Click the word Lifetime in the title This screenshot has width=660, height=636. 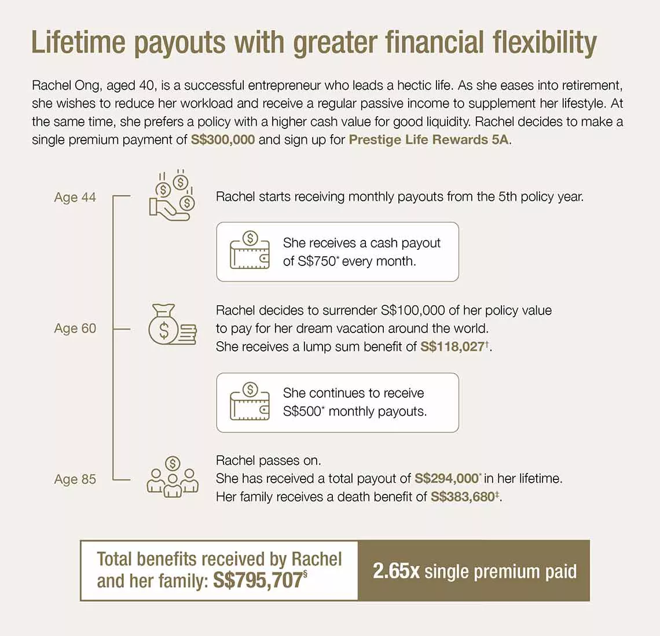tap(78, 42)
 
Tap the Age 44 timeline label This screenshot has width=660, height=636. tap(75, 197)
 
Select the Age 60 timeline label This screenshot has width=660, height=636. tap(75, 328)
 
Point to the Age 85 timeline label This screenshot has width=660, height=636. tap(75, 479)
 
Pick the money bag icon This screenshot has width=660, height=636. tap(171, 325)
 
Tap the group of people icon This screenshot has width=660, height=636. tap(172, 478)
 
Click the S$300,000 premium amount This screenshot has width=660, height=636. tap(223, 140)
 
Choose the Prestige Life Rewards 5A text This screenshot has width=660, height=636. tap(429, 140)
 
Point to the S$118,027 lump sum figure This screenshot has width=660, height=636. tap(452, 347)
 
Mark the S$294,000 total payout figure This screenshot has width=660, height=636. tap(446, 479)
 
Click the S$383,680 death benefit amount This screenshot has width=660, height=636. tap(463, 497)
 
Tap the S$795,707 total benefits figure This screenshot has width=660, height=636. tap(258, 580)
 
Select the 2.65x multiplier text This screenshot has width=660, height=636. tap(396, 571)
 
